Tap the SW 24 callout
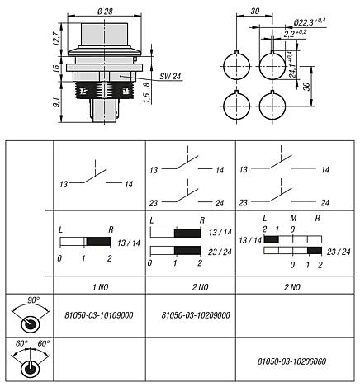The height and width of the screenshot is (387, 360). point(147,74)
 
